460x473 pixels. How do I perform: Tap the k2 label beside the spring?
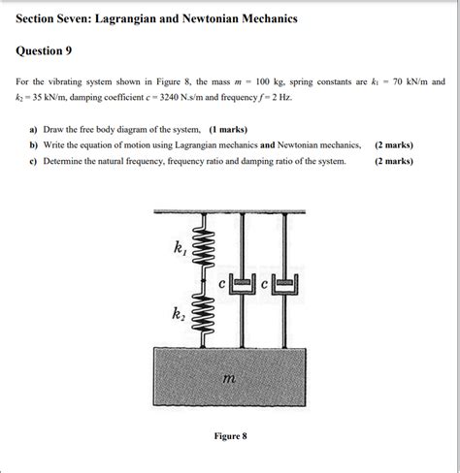179,315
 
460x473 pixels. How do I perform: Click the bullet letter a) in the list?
34,129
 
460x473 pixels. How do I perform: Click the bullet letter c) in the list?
34,161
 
